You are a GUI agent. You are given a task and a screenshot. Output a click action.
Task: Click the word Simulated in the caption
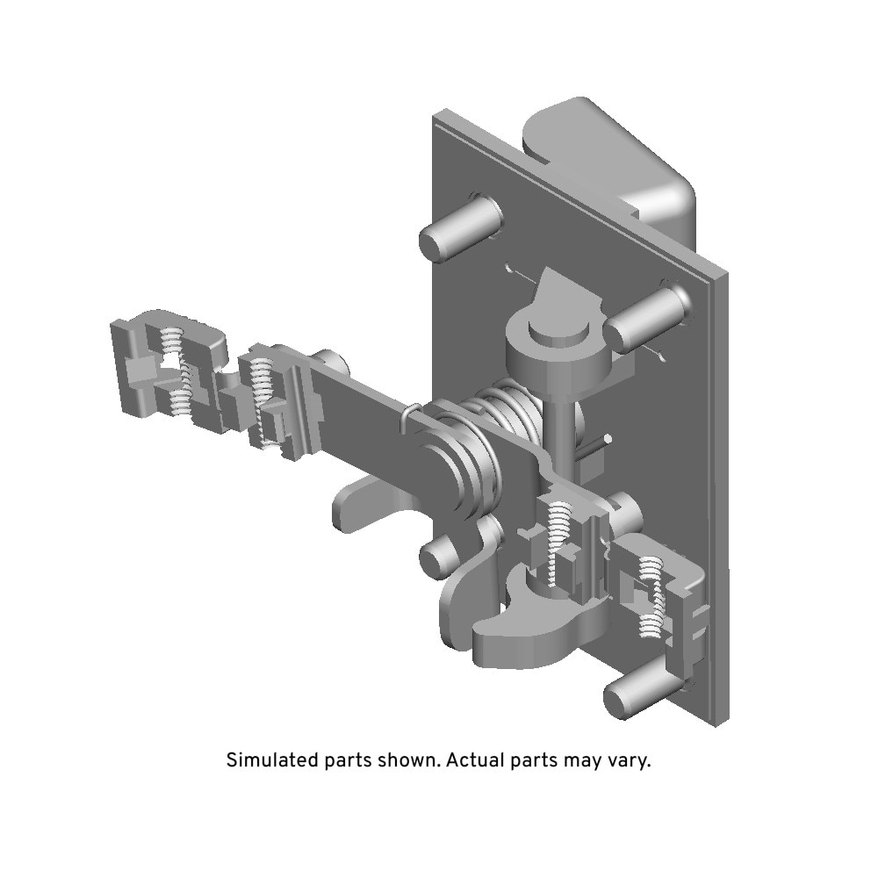click(x=273, y=760)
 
